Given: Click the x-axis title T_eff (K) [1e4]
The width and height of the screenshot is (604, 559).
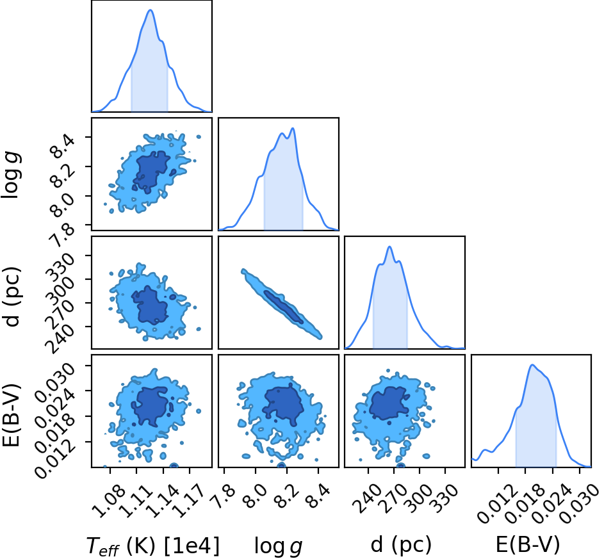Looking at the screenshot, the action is click(x=153, y=546).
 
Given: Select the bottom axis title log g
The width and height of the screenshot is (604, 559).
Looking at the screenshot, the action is click(x=278, y=546).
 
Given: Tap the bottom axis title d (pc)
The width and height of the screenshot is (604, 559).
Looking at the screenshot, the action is click(x=401, y=545).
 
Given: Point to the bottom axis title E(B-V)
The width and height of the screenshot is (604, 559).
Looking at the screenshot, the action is click(x=527, y=545).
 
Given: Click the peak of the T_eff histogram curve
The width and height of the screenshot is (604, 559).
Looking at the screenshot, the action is click(x=151, y=10).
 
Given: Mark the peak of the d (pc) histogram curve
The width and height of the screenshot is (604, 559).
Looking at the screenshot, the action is click(x=389, y=247).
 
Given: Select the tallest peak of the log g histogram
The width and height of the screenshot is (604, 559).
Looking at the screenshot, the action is click(x=293, y=128).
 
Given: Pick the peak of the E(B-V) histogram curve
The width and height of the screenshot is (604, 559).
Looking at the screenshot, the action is click(x=532, y=364).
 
